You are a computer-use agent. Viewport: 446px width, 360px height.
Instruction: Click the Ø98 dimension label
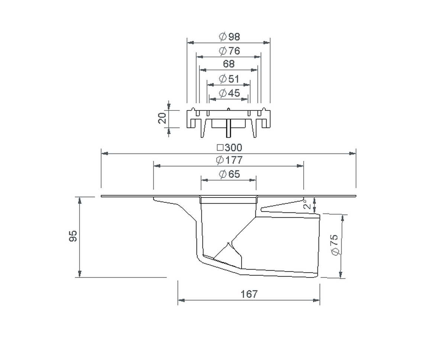click(x=229, y=36)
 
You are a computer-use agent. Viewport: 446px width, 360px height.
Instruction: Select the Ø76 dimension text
click(x=229, y=51)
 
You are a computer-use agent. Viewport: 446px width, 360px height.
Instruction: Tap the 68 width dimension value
click(x=229, y=64)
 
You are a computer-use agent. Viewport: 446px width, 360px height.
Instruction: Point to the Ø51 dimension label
click(x=229, y=79)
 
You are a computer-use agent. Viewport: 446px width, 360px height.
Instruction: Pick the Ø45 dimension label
click(x=229, y=93)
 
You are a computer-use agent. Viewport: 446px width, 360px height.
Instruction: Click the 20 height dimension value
click(x=162, y=119)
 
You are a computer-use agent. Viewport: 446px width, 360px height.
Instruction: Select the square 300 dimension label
click(x=229, y=148)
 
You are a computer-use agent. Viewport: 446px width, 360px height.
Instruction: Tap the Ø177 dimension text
click(x=229, y=160)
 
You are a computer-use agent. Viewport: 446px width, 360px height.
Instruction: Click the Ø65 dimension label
click(x=229, y=174)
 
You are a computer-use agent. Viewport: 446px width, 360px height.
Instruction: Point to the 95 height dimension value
click(x=73, y=237)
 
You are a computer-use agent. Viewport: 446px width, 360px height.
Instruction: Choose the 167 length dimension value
click(x=249, y=294)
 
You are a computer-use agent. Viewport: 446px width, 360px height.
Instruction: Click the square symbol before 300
click(x=220, y=148)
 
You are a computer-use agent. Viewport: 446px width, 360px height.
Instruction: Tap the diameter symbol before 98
click(x=223, y=36)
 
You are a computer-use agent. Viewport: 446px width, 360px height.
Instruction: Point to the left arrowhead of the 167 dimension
click(x=180, y=299)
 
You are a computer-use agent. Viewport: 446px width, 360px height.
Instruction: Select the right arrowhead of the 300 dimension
click(x=353, y=153)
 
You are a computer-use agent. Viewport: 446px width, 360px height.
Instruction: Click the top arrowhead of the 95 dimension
click(x=80, y=199)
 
